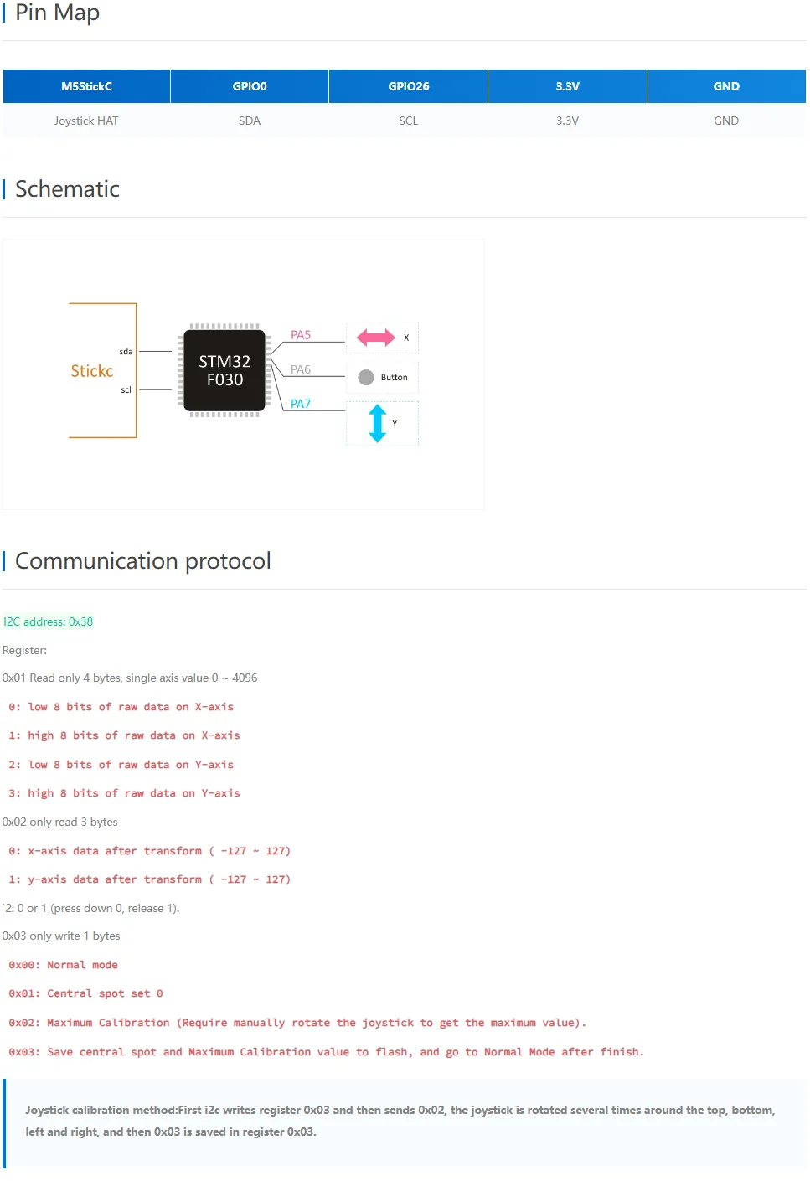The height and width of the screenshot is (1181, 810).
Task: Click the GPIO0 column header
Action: pyautogui.click(x=250, y=86)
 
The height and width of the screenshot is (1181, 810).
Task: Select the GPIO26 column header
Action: pyautogui.click(x=408, y=86)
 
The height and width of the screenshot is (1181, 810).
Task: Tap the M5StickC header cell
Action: pyautogui.click(x=86, y=86)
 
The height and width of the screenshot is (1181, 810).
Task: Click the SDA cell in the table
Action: pyautogui.click(x=250, y=121)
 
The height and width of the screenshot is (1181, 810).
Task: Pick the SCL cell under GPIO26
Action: pyautogui.click(x=408, y=121)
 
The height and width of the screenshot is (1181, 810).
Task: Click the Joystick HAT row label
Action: pyautogui.click(x=86, y=121)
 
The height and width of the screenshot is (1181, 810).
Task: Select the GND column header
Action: pyautogui.click(x=725, y=86)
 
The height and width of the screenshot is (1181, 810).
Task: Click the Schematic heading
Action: pyautogui.click(x=67, y=189)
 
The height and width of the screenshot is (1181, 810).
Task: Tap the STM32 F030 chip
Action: pyautogui.click(x=224, y=370)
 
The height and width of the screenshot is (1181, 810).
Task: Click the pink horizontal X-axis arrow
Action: pyautogui.click(x=375, y=338)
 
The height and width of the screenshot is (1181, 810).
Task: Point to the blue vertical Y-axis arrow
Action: pyautogui.click(x=378, y=423)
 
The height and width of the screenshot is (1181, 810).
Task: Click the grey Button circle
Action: pyautogui.click(x=366, y=377)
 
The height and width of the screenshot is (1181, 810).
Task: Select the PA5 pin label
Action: pyautogui.click(x=301, y=335)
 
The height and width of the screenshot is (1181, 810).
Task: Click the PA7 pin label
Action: pyautogui.click(x=301, y=404)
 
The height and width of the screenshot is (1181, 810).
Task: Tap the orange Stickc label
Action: pyautogui.click(x=92, y=371)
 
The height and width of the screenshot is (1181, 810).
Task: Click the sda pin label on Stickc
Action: pyautogui.click(x=126, y=352)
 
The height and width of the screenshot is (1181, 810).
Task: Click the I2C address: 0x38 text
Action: pyautogui.click(x=49, y=621)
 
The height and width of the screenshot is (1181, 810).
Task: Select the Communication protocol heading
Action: pyautogui.click(x=142, y=561)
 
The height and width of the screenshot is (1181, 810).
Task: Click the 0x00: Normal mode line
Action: pyautogui.click(x=64, y=965)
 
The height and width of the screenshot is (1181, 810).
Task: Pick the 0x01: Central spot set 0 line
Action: pyautogui.click(x=86, y=993)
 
